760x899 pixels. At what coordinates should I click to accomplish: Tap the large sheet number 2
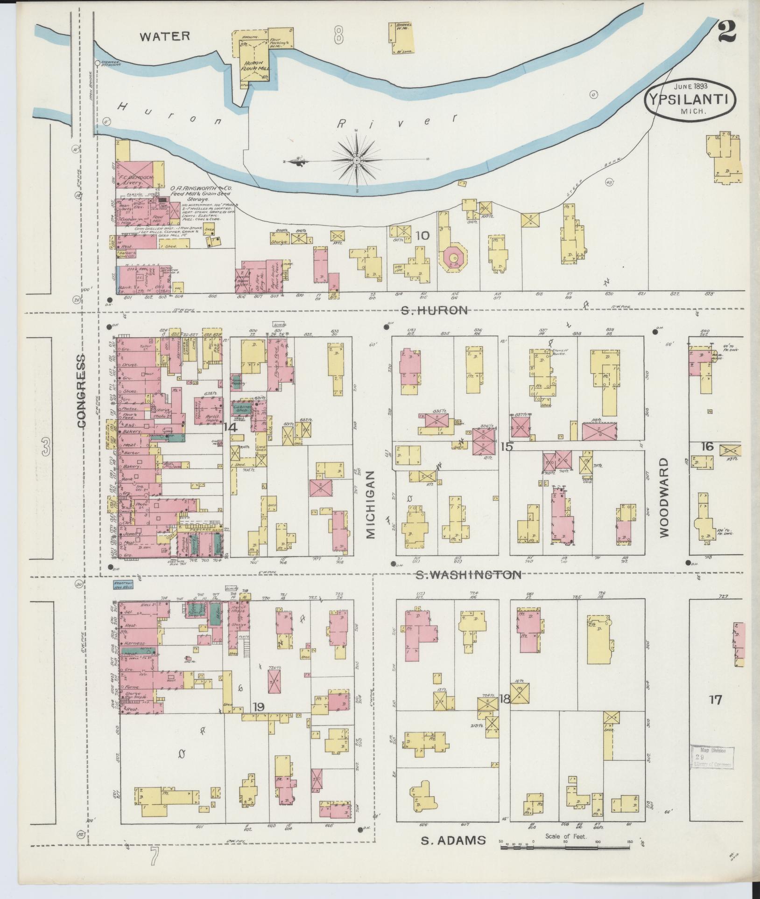point(727,32)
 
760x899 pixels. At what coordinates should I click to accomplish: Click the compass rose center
point(357,160)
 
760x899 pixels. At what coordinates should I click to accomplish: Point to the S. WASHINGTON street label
point(468,575)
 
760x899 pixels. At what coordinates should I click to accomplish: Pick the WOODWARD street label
point(665,497)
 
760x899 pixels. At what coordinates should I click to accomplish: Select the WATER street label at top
point(165,36)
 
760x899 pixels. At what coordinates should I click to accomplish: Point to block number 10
point(422,236)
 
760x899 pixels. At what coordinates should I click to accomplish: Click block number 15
point(507,446)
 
